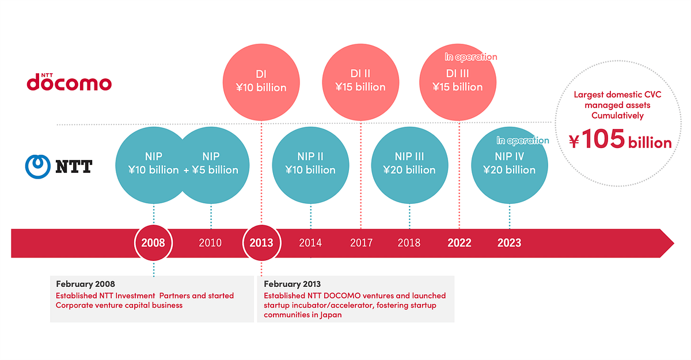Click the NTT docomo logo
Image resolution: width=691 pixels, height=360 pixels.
click(69, 82)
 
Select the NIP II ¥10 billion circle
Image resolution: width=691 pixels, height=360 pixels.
click(310, 164)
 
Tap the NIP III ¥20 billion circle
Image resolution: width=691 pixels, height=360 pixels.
click(409, 164)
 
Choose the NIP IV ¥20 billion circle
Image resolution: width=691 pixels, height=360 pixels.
click(509, 164)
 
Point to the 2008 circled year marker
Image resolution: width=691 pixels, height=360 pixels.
click(154, 242)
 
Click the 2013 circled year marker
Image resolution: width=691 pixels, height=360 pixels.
click(261, 242)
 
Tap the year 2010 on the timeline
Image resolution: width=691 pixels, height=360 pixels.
click(210, 242)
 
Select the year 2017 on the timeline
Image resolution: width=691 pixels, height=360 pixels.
click(361, 242)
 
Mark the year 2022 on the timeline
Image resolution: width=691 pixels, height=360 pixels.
click(460, 242)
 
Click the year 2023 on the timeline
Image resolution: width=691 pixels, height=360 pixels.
click(509, 242)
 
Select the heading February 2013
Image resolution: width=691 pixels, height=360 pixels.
click(293, 284)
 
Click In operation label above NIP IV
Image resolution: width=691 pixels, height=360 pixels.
click(523, 141)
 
